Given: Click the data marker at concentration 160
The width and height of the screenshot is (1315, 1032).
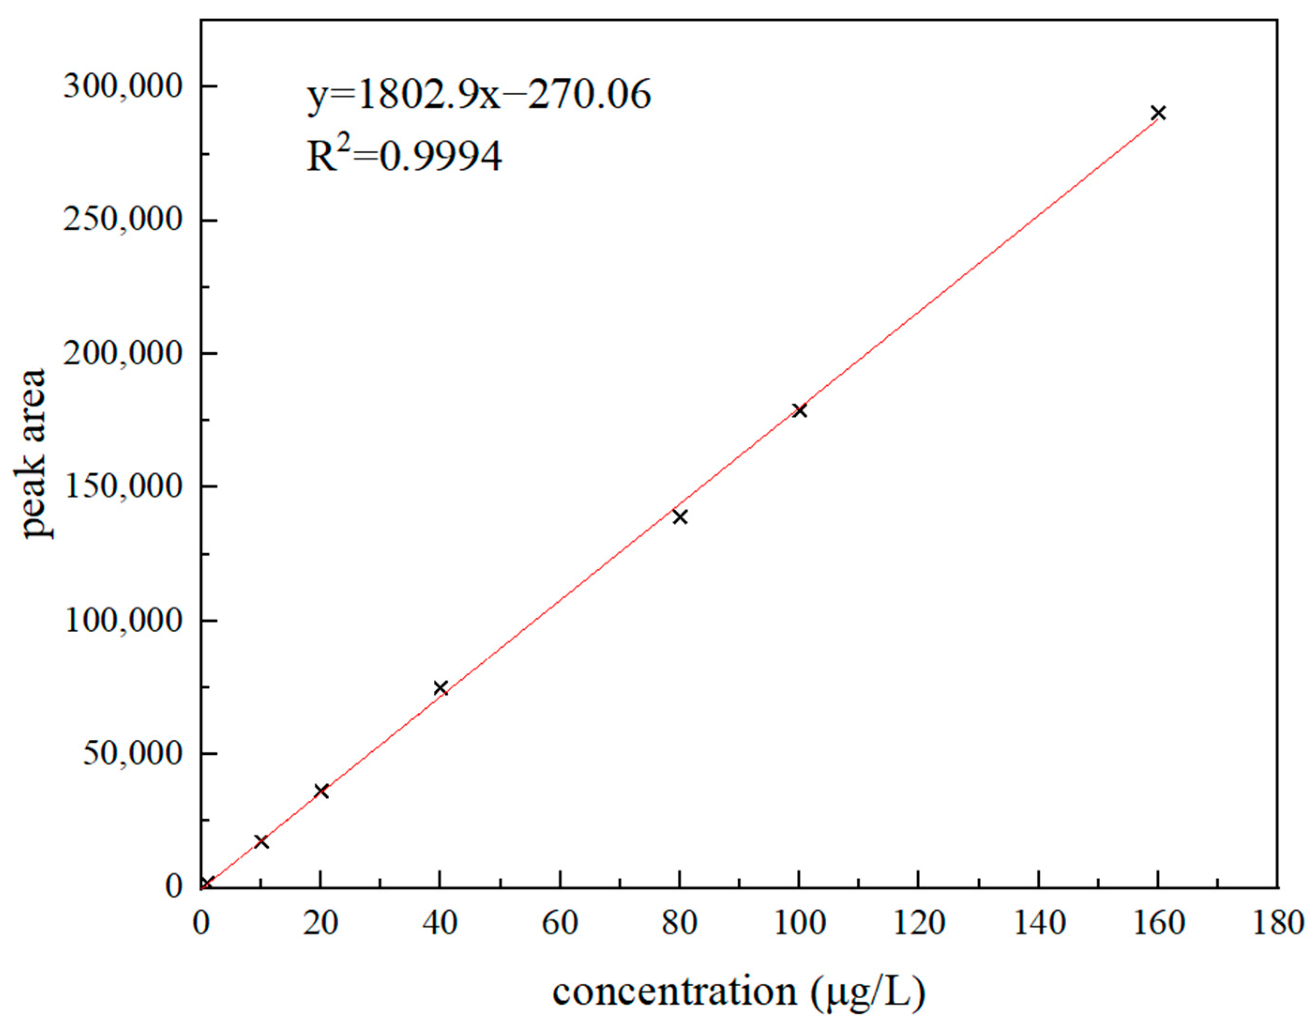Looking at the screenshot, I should pyautogui.click(x=1158, y=113).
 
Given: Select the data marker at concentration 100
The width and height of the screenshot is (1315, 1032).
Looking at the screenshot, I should pyautogui.click(x=800, y=410).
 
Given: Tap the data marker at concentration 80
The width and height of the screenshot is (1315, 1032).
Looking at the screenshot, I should pyautogui.click(x=680, y=517).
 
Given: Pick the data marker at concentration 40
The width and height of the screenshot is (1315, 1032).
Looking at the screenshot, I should pyautogui.click(x=440, y=687).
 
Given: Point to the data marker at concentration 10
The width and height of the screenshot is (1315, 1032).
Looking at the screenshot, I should pyautogui.click(x=261, y=842).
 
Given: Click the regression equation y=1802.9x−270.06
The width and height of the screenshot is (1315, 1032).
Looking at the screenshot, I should pyautogui.click(x=479, y=96).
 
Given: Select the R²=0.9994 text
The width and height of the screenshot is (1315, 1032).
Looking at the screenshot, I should pyautogui.click(x=404, y=156).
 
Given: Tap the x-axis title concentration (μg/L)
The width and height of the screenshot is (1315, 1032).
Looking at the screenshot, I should pyautogui.click(x=739, y=992).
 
